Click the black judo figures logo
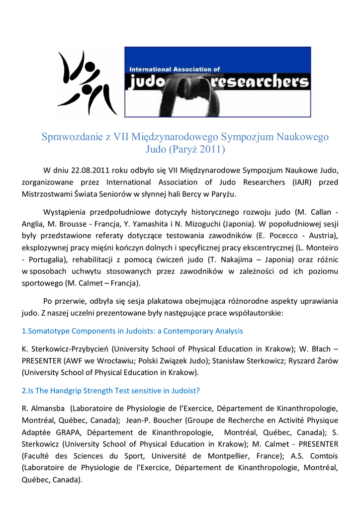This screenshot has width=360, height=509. [x=86, y=83]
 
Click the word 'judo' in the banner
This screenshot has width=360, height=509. [x=148, y=82]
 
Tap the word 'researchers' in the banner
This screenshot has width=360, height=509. [x=260, y=82]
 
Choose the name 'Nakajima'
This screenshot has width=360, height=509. [x=268, y=259]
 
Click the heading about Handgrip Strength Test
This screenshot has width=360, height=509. [x=111, y=391]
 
